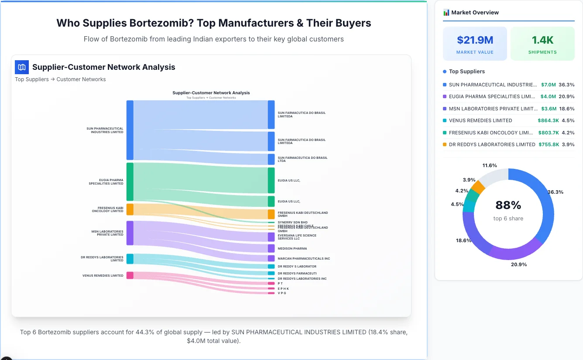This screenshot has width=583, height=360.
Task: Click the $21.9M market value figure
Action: [475, 40]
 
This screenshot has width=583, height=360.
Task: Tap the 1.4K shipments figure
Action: [542, 40]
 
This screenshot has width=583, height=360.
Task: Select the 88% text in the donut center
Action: [508, 205]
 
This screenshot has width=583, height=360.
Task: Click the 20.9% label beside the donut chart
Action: [519, 264]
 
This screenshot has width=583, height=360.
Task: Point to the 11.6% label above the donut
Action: [490, 165]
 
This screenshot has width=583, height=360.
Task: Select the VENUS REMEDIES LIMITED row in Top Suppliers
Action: [480, 120]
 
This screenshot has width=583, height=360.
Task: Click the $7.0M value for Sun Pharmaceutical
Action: [548, 85]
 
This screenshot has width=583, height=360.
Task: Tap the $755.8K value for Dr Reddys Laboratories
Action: [549, 144]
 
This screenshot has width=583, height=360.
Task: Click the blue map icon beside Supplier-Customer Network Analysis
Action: [22, 67]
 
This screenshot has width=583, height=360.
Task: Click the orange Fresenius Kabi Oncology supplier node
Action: [130, 209]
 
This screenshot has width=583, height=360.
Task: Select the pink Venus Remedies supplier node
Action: [130, 275]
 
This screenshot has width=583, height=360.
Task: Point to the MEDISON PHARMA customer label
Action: [292, 249]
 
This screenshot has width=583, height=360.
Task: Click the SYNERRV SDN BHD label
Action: [292, 223]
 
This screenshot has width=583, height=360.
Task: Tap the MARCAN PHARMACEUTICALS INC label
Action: [304, 259]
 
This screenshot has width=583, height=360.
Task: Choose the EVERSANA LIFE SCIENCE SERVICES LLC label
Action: [297, 237]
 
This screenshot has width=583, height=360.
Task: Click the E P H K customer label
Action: [283, 288]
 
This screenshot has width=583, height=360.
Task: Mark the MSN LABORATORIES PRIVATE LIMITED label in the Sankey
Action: [107, 233]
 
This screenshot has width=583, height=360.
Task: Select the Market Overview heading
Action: [475, 13]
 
